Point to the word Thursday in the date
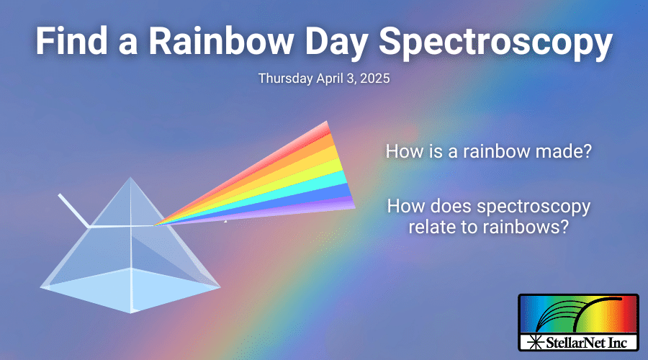(284, 78)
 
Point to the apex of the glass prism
(130, 179)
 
